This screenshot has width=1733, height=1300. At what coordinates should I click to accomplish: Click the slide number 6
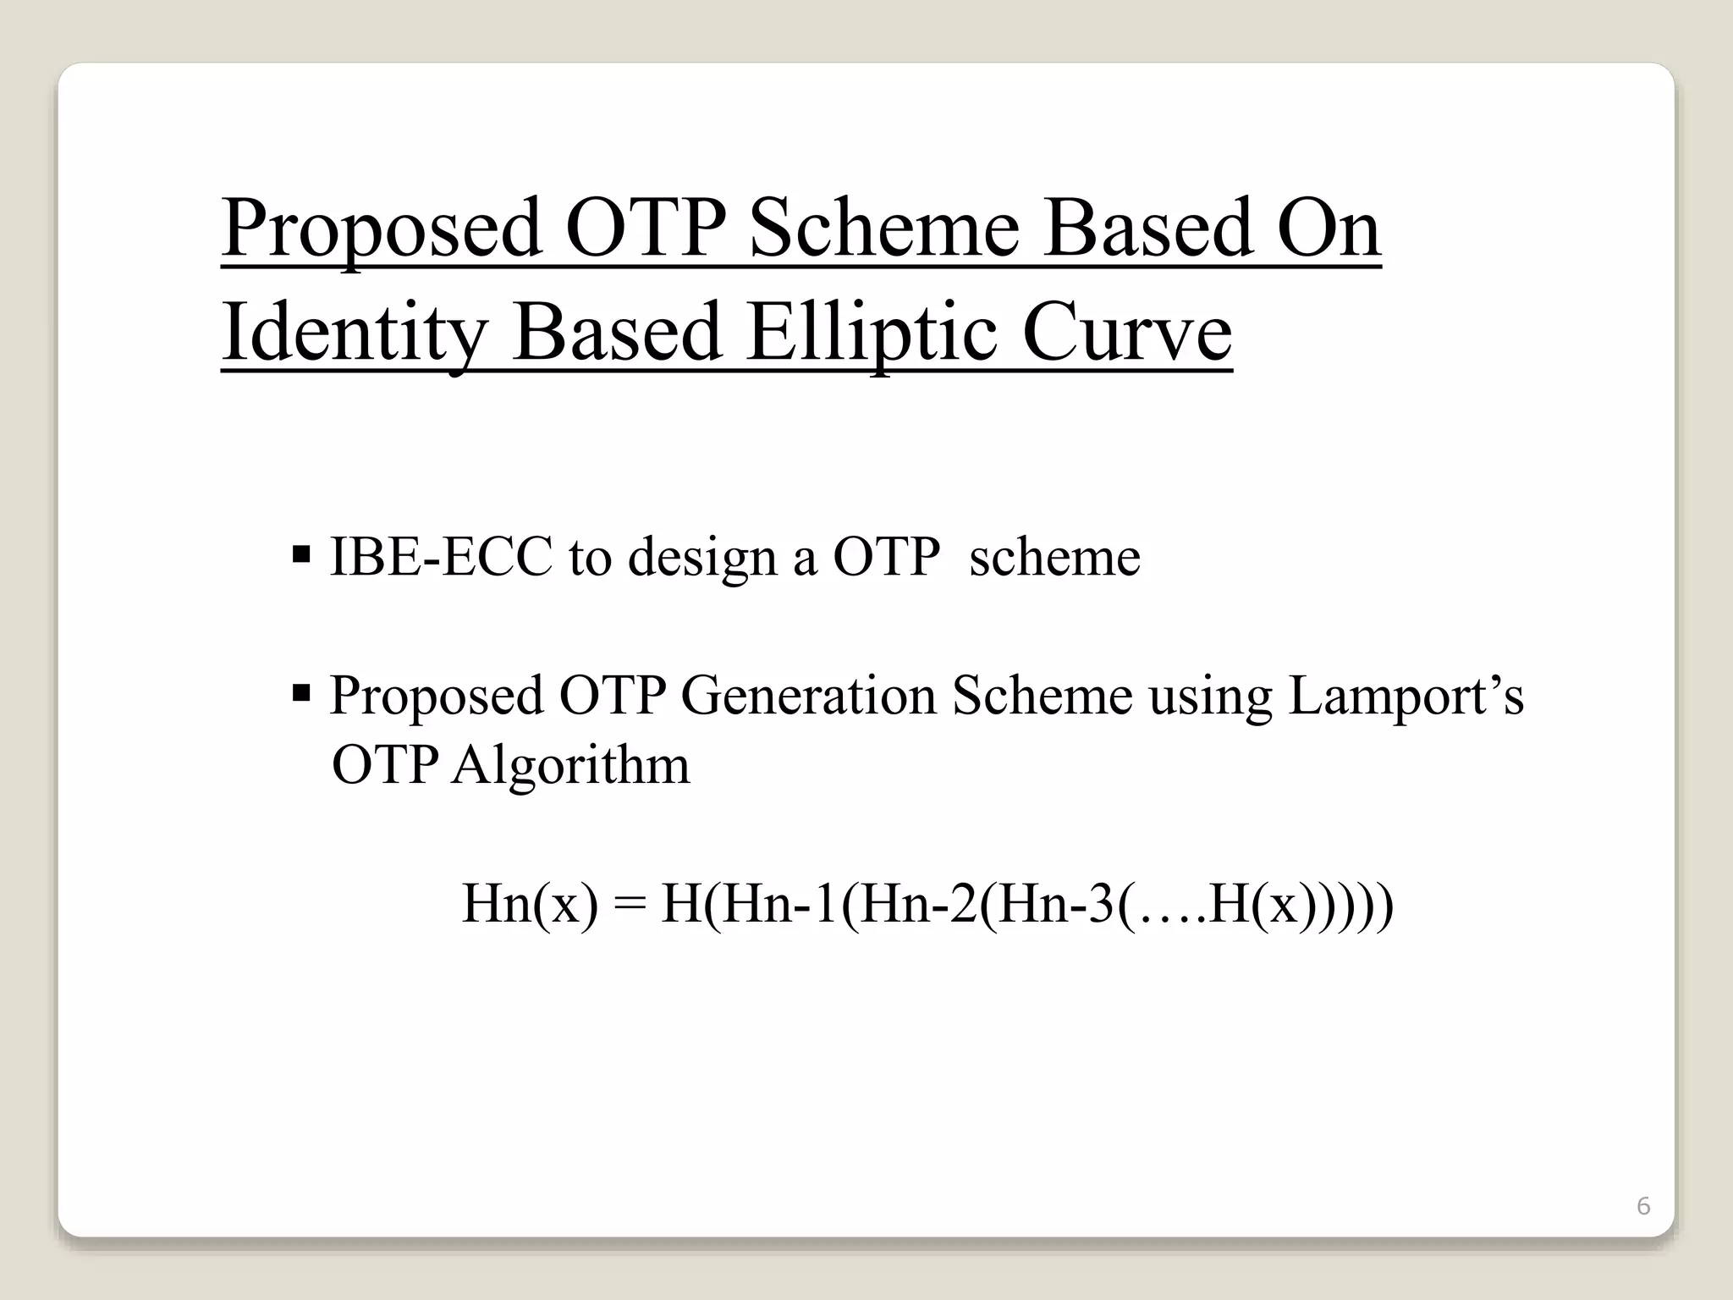(1643, 1206)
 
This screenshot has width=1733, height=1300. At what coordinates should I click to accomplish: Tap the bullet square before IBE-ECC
(301, 556)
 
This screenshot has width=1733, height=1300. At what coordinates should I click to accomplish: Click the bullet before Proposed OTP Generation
(301, 695)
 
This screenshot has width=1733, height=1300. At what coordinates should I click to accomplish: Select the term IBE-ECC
(440, 557)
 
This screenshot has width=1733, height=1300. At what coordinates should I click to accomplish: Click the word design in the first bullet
(701, 559)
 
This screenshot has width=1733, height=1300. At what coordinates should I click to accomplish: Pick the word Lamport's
(1405, 697)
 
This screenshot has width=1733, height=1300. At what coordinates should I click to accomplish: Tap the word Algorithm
(570, 766)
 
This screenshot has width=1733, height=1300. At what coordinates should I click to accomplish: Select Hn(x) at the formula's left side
(530, 904)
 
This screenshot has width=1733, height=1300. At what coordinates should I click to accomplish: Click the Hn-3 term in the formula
(1061, 904)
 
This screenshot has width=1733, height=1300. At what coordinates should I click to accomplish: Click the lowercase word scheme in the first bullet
(1054, 557)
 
